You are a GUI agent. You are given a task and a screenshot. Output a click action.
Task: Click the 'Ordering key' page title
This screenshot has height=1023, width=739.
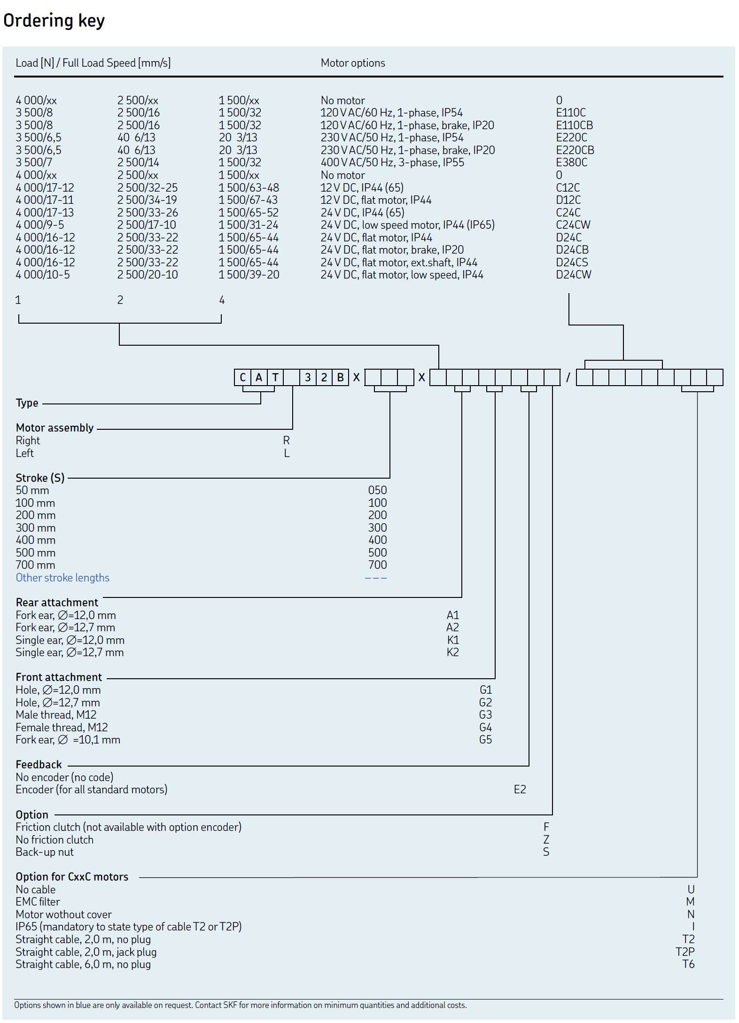coord(54,21)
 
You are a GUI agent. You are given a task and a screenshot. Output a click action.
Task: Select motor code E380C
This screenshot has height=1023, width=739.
coord(571,163)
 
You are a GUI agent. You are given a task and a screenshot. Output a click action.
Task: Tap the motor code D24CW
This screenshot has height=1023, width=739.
coord(573,275)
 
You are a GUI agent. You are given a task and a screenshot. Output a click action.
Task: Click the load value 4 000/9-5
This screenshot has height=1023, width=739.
coord(40,225)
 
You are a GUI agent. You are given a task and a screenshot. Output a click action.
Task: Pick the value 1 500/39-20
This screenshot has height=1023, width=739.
coord(249,275)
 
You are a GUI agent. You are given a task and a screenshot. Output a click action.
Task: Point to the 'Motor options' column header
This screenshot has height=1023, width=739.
coord(352,63)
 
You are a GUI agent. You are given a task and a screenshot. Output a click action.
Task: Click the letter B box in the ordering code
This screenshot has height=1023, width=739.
coord(340,378)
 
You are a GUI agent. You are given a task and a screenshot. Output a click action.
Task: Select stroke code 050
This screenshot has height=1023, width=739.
coord(377,490)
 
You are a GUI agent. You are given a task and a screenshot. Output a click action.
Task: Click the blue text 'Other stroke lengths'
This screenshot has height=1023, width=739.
coord(62,578)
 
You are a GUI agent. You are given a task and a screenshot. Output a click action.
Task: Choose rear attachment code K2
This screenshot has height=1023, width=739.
coord(452,652)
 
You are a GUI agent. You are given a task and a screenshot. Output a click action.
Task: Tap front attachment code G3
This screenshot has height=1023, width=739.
coord(485,715)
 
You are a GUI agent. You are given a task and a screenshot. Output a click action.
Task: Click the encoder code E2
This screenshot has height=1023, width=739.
coord(520,790)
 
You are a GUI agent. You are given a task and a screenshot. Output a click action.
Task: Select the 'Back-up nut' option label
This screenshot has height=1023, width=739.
coord(45,852)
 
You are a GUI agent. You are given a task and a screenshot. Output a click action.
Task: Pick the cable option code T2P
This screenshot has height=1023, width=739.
coord(685,952)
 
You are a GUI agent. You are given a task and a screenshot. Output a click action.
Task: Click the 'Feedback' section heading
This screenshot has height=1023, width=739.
coord(39,765)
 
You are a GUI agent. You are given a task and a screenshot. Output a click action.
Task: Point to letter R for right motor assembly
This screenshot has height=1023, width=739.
coord(286,441)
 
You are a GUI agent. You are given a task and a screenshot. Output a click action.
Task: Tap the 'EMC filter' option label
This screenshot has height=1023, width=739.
coord(38,902)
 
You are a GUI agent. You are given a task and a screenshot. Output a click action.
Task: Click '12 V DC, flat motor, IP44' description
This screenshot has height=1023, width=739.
coord(376,200)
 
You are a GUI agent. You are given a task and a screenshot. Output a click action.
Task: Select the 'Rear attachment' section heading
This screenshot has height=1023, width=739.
coord(57,603)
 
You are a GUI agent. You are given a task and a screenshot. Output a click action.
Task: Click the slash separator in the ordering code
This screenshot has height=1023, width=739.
coord(568,378)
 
